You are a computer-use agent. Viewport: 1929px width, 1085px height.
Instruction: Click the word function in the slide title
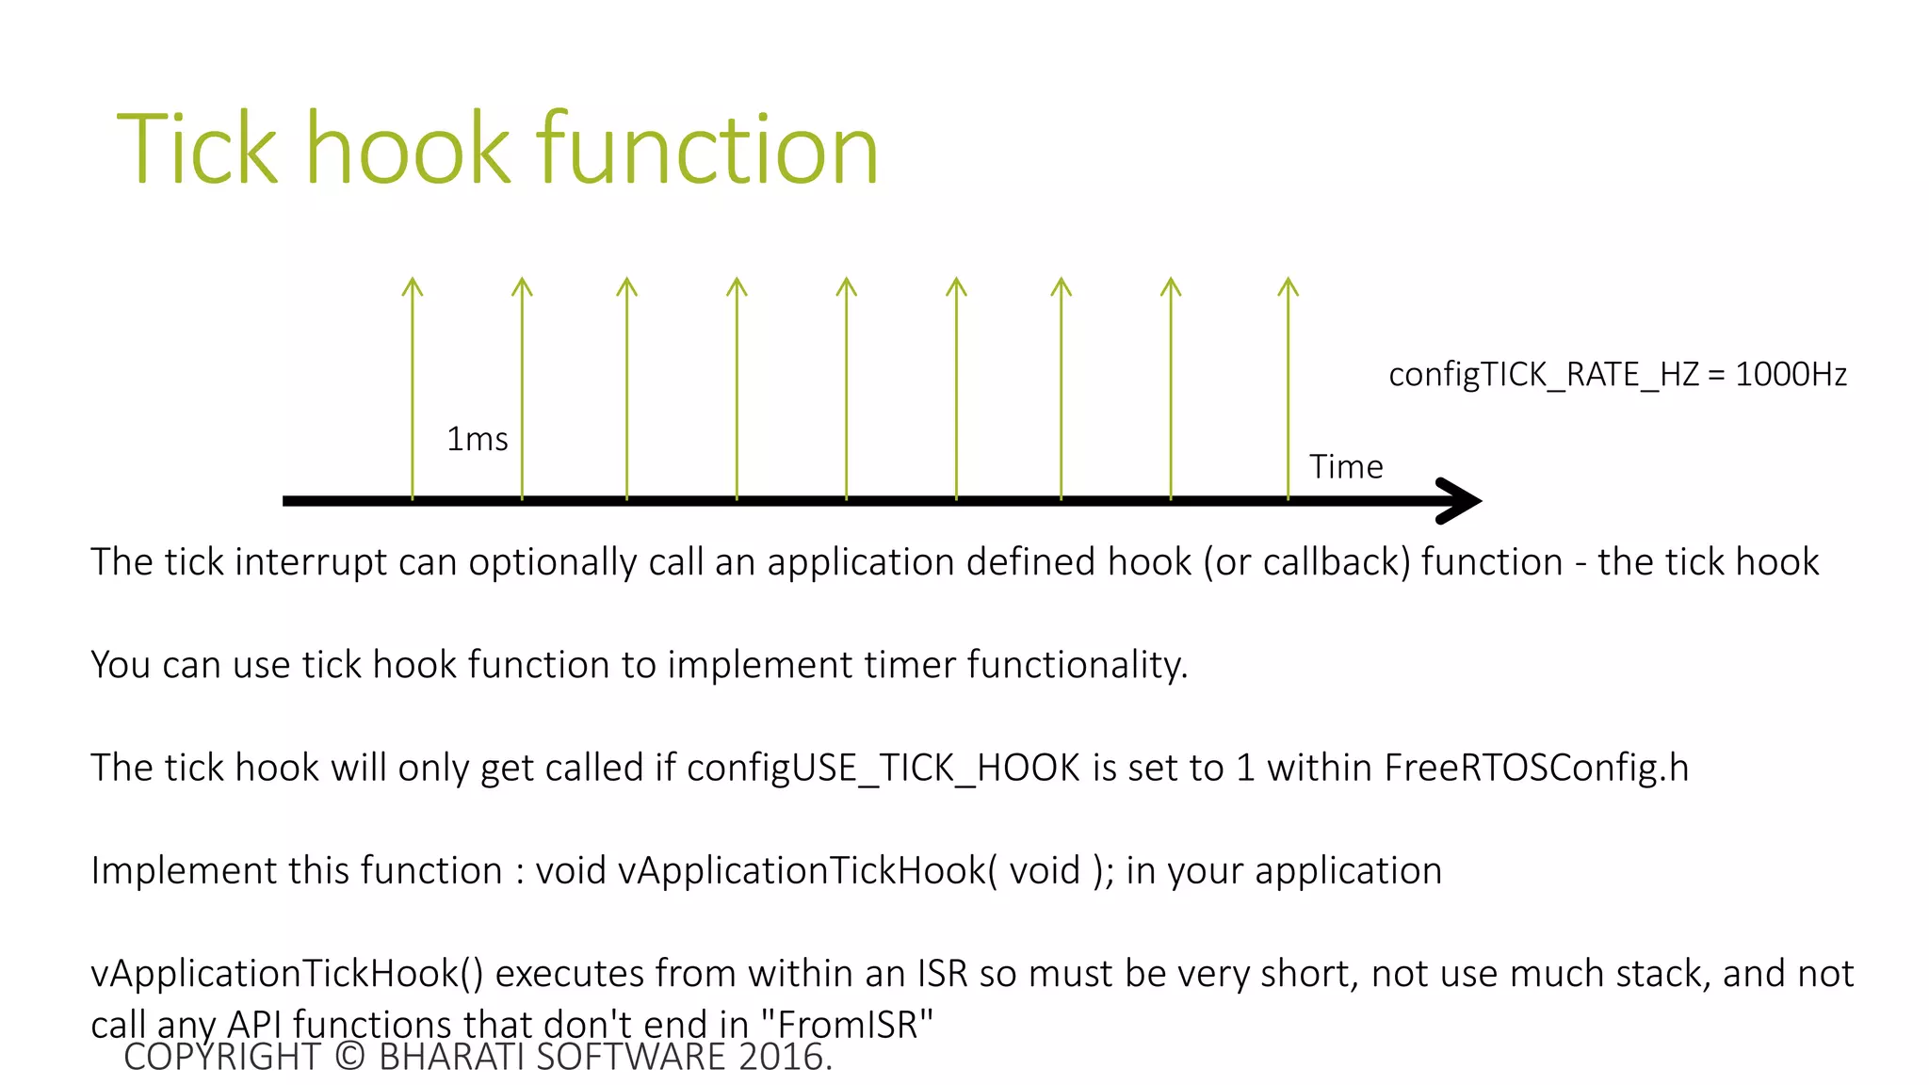tap(706, 149)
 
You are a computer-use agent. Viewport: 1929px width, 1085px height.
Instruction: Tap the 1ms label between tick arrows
tap(477, 440)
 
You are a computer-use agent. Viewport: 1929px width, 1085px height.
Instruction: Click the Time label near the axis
tap(1345, 467)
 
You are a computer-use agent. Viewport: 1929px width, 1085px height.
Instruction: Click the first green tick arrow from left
tap(413, 386)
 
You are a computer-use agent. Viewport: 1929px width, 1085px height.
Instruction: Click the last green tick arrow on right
tap(1289, 386)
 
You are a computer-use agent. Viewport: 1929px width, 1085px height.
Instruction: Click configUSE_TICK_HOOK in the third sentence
tap(883, 769)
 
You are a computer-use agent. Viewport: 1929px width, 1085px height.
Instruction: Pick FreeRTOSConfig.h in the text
tap(1535, 769)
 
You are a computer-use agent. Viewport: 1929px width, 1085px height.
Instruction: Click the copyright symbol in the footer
tap(349, 1058)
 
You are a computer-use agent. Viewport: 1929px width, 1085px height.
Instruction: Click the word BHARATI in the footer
tap(451, 1058)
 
